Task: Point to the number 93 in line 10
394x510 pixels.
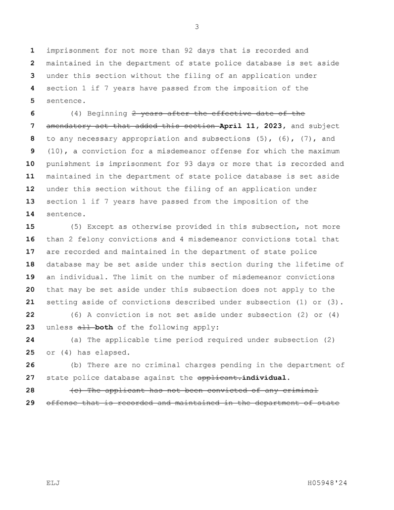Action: pos(196,164)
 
